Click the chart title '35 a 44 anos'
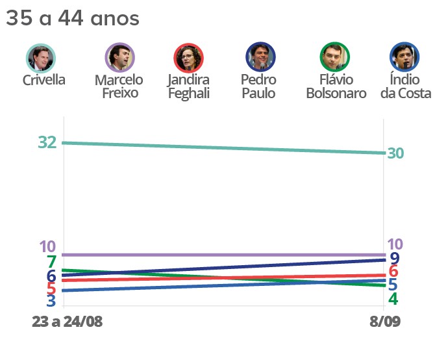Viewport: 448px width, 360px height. (72, 19)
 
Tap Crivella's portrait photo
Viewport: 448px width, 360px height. (41, 57)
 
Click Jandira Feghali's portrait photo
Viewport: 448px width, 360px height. (188, 57)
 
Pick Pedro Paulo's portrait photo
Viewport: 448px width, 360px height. (260, 57)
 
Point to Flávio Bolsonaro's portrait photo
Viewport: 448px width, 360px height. (335, 57)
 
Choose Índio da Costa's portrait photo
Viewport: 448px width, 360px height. (404, 57)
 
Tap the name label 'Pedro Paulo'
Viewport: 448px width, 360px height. (258, 86)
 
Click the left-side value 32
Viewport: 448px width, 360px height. (47, 142)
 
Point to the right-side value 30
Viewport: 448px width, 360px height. (395, 153)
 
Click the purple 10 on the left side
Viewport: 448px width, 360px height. (47, 247)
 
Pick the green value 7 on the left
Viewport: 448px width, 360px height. (51, 263)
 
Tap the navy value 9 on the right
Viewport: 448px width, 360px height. (393, 259)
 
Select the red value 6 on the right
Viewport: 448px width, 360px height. (393, 272)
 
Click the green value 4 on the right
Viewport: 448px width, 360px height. (393, 300)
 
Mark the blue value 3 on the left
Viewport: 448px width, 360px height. (51, 301)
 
